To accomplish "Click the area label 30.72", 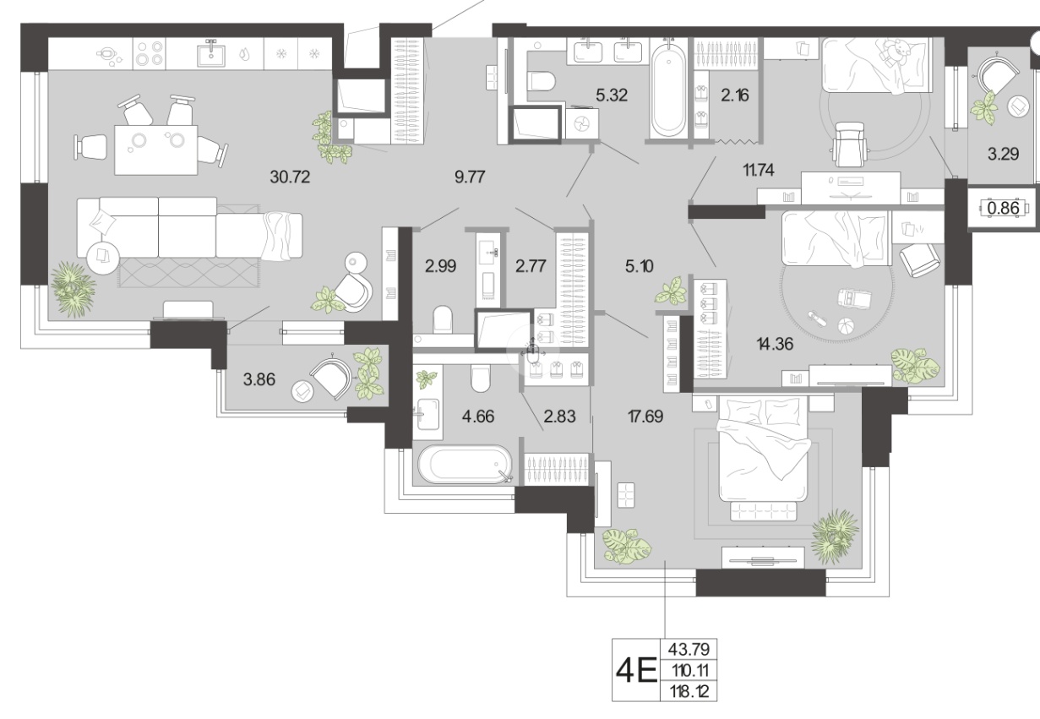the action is pos(290,177).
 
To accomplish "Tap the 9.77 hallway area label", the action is pos(470,177).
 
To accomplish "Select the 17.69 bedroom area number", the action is pos(645,417).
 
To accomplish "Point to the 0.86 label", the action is pos(1004,208).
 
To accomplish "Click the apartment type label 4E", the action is pos(636,670).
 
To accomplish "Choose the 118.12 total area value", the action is pos(689,692).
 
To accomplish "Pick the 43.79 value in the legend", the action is pos(689,649).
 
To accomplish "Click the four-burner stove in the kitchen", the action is pos(150,53).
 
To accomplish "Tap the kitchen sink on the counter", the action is pos(211,54).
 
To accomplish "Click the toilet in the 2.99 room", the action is pos(443,319).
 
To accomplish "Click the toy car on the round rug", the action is pos(855,298).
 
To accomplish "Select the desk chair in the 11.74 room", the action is pos(849,144).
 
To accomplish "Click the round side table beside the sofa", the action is pos(103,257).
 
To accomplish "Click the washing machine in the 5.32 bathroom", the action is pos(582,123).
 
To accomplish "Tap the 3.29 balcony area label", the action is pos(1004,154).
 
